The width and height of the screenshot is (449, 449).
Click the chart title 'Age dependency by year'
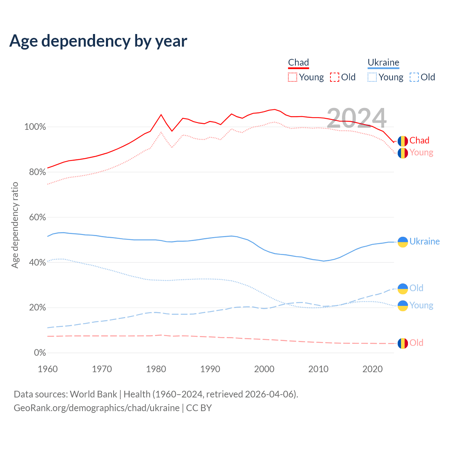(98, 41)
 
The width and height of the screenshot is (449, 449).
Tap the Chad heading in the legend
(299, 62)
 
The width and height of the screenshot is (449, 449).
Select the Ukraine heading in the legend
(383, 62)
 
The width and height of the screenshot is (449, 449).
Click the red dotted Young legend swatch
(293, 77)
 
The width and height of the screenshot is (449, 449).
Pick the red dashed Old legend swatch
(335, 77)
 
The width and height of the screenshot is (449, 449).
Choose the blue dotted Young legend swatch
(372, 77)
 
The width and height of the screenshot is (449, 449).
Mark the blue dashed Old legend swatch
(414, 77)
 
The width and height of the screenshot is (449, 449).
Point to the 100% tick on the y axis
(35, 127)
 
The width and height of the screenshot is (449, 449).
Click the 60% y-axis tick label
(37, 217)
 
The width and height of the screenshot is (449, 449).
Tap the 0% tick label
(40, 353)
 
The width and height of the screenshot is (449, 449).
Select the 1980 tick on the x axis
(156, 369)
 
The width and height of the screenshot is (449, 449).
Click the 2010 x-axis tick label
(319, 369)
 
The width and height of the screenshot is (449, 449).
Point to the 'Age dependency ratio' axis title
(15, 225)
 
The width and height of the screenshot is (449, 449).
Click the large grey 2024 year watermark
(356, 118)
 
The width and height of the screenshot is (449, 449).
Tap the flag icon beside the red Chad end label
(403, 141)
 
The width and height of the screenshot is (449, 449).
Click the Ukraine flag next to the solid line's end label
(403, 242)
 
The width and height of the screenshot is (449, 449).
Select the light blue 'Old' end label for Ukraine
(416, 288)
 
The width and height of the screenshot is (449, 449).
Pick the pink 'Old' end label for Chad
(416, 343)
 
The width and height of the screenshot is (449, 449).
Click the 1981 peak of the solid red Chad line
(161, 115)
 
